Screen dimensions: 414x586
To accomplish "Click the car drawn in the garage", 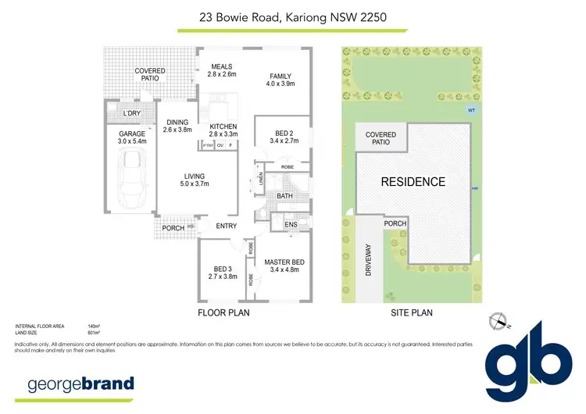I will [x=131, y=179].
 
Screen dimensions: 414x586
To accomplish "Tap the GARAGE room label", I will [x=130, y=134].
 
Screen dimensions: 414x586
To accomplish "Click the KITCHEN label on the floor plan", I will [x=223, y=127].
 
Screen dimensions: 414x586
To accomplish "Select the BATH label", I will [x=284, y=196].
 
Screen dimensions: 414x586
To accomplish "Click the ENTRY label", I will [x=227, y=226].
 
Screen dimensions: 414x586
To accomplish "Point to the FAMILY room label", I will [x=280, y=76].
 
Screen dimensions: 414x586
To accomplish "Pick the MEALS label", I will [x=222, y=66].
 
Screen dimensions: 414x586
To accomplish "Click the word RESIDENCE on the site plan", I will [x=413, y=182].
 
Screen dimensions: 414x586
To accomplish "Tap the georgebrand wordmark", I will [x=81, y=384].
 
